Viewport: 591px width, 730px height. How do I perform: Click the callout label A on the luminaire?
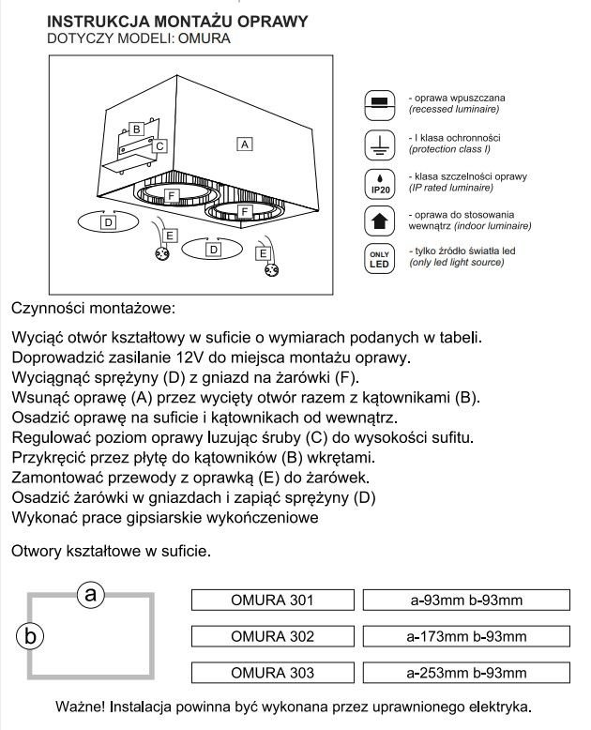[x=244, y=144]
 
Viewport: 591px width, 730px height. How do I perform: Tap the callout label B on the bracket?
[x=136, y=128]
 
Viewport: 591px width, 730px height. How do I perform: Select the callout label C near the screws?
[x=160, y=146]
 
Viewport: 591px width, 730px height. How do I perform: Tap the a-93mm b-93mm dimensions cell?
[x=466, y=601]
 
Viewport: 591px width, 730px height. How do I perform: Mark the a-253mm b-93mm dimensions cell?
[x=466, y=673]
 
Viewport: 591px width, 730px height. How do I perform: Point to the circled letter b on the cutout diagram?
[x=31, y=635]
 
